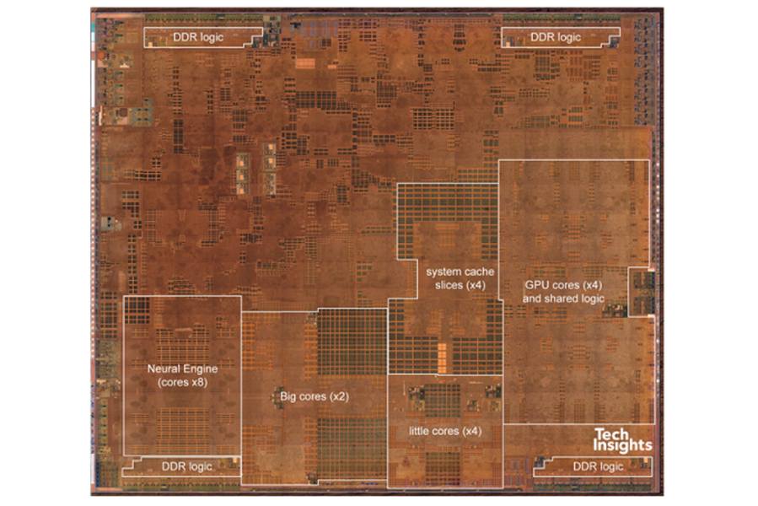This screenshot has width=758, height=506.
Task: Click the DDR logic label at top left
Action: [x=198, y=37]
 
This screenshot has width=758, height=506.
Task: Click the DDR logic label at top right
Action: [x=556, y=37]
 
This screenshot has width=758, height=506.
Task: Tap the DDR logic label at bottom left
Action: [x=186, y=467]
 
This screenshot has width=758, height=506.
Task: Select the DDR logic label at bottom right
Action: [x=598, y=467]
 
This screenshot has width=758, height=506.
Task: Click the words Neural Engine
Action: [x=182, y=369]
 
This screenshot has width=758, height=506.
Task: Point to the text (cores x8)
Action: [x=182, y=382]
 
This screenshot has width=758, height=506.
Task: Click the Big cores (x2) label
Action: [x=314, y=396]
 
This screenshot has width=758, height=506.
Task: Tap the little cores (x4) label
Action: [x=445, y=431]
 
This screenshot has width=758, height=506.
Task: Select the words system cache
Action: [x=460, y=272]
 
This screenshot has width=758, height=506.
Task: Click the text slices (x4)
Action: [x=460, y=285]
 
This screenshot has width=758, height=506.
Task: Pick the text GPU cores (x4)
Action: [x=563, y=285]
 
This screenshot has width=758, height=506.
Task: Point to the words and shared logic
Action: [x=563, y=299]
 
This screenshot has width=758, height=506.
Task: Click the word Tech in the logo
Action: [x=611, y=434]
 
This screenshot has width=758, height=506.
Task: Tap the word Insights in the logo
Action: [x=622, y=445]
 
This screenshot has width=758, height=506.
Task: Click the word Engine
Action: [x=200, y=369]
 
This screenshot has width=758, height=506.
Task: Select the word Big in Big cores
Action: [x=288, y=396]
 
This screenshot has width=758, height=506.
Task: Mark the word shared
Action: [x=562, y=299]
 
